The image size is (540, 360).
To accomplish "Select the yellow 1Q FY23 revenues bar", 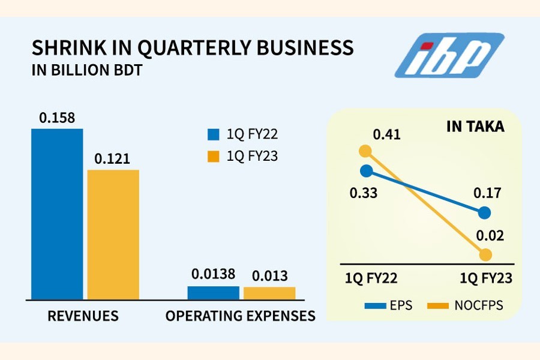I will tap(113, 234).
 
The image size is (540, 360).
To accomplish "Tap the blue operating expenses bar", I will tap(213, 293).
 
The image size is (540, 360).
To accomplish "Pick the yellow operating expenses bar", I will tap(269, 293).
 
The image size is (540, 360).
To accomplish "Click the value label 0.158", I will tap(57, 118).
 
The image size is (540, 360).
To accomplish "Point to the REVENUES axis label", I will tap(83, 316).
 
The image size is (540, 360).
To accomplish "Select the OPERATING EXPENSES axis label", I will tap(241, 316).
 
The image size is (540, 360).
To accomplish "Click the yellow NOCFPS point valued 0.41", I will tap(365, 151).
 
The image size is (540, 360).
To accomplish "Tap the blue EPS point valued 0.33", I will tap(365, 170).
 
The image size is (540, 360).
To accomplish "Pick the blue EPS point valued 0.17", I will tap(485, 212).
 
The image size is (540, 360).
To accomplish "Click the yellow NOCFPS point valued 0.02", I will tap(485, 255).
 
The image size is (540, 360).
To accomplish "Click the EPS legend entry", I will tap(388, 305).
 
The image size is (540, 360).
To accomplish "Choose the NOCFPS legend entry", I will tap(464, 305).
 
